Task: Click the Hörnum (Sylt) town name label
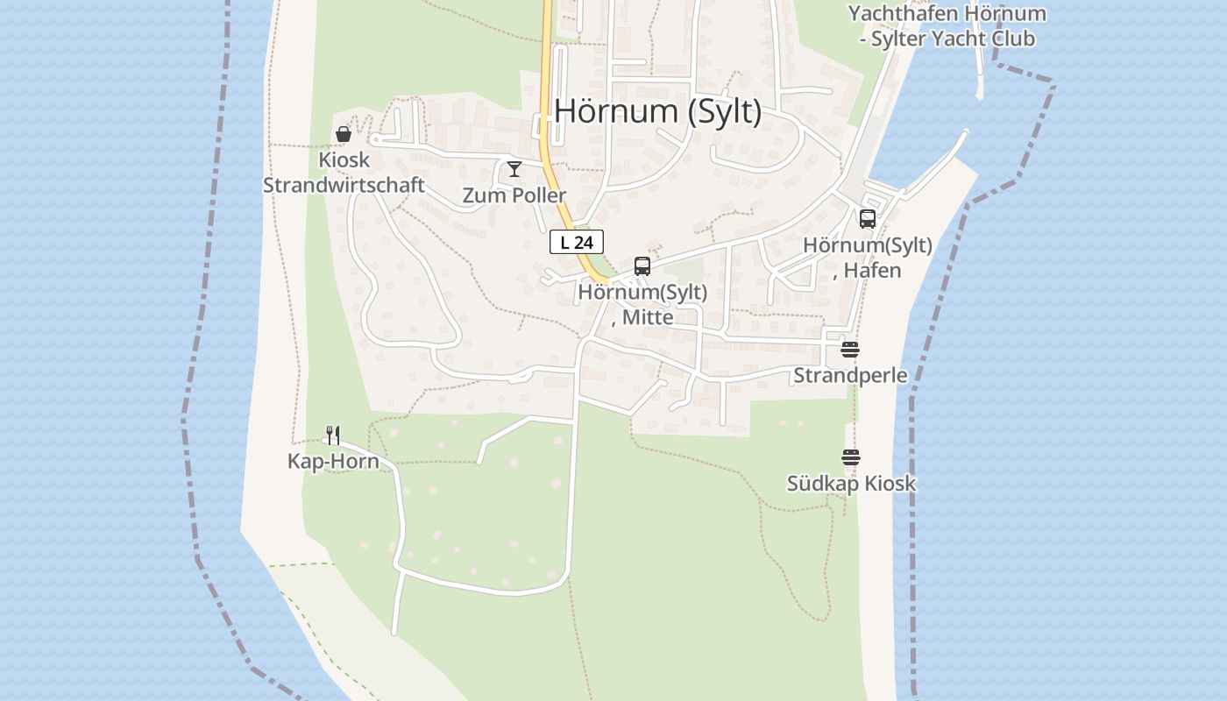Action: coord(657,112)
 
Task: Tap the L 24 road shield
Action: coord(577,243)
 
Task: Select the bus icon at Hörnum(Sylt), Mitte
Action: coord(642,266)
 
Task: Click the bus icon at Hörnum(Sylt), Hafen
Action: coord(868,219)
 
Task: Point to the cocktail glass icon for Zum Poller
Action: coord(514,169)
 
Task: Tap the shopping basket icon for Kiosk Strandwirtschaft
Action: coord(344,134)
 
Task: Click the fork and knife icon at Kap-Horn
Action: coord(333,435)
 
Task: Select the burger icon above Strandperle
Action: coord(850,350)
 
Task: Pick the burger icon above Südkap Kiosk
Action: coord(851,457)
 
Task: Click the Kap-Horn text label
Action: coord(333,462)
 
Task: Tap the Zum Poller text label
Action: coord(514,195)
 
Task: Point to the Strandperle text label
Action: coord(850,376)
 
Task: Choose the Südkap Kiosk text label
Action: coord(851,484)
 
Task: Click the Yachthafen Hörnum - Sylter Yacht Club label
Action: coord(947,26)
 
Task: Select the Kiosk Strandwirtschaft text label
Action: coord(344,173)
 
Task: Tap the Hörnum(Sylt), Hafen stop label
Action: coord(868,258)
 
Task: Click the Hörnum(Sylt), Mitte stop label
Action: coord(642,305)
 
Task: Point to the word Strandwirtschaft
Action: coord(344,186)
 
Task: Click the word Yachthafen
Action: coord(901,14)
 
